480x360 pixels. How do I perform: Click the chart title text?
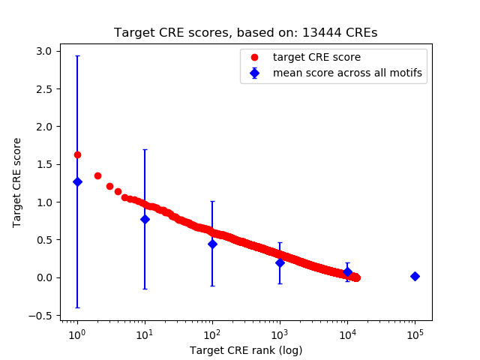(x=245, y=33)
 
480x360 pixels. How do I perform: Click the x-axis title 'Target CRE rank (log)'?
(x=245, y=349)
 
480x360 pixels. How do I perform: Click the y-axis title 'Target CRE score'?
(x=17, y=183)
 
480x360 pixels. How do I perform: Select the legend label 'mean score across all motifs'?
(x=347, y=73)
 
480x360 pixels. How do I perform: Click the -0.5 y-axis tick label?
(x=42, y=316)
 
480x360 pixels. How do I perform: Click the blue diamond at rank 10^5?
(x=415, y=276)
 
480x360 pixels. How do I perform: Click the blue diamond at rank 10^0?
(x=77, y=181)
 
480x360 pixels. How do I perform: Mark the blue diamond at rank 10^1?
(x=145, y=219)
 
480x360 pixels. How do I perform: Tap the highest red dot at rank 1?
(x=77, y=154)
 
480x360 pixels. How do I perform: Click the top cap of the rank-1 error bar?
(x=77, y=56)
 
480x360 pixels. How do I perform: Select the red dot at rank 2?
(x=97, y=175)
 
